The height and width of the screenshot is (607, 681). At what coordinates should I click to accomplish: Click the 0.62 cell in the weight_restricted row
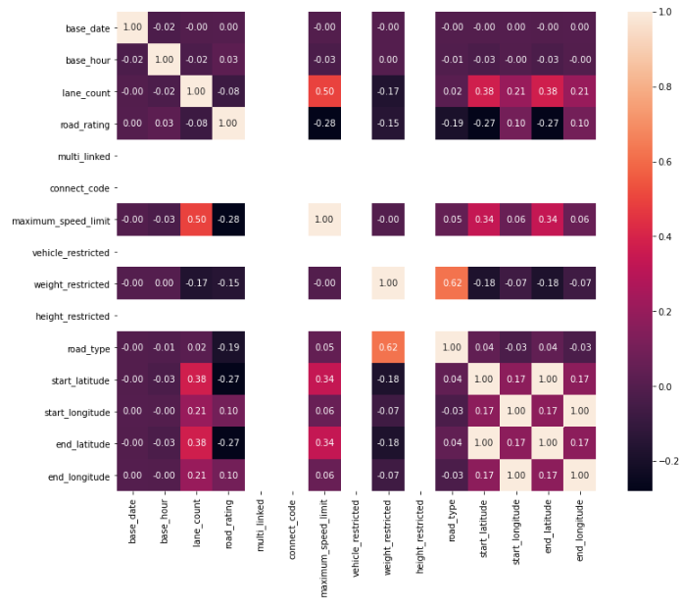453,283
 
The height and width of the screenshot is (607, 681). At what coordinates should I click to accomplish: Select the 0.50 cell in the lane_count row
325,91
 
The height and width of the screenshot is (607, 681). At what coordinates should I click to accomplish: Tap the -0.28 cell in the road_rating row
325,124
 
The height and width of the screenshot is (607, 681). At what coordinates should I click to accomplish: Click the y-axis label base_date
86,27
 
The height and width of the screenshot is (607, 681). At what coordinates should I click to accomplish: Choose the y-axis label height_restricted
73,316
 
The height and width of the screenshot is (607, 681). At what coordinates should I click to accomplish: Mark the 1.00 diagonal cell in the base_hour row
165,60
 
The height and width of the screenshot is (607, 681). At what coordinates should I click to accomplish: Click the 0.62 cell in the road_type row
389,348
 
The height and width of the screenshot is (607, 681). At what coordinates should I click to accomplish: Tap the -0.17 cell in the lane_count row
389,91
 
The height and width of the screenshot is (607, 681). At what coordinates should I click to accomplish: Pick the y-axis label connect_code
79,187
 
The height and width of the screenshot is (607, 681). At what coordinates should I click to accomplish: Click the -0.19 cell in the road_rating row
453,124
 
